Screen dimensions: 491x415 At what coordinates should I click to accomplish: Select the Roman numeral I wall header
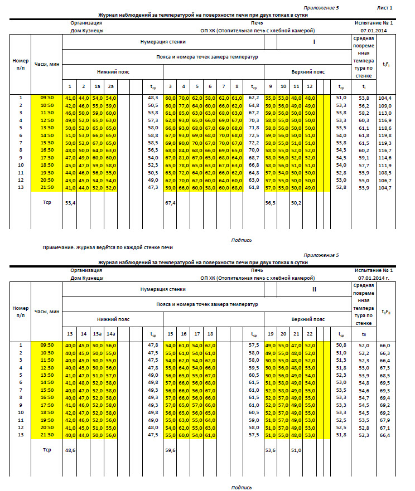click(314, 42)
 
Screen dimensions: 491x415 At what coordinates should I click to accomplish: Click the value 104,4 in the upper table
click(385, 98)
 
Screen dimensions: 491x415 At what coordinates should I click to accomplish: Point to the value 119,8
click(385, 135)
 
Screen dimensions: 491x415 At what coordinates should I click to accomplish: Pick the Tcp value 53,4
click(70, 203)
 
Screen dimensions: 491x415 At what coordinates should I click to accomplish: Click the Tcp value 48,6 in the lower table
click(70, 450)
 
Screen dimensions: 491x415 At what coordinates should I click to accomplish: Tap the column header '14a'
click(110, 334)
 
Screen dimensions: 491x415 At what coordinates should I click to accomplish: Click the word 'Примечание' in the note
click(59, 246)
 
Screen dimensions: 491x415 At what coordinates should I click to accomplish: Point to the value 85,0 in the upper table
click(184, 113)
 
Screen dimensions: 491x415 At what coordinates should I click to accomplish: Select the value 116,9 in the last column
click(385, 120)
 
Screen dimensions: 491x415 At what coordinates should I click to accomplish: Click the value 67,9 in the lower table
click(385, 420)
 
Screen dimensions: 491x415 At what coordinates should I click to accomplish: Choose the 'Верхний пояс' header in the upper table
click(308, 72)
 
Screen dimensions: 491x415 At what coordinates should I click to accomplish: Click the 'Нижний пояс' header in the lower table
click(113, 319)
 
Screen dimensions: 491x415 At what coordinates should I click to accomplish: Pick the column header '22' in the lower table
click(310, 334)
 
